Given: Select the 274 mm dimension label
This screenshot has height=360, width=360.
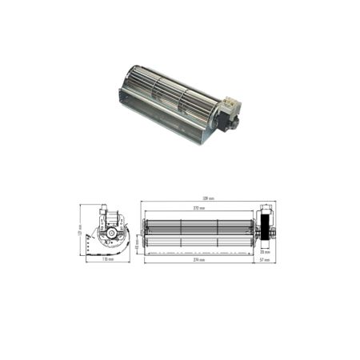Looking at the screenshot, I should coord(199,260).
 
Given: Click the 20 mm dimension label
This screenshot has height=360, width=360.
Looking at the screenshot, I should coord(266,250).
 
